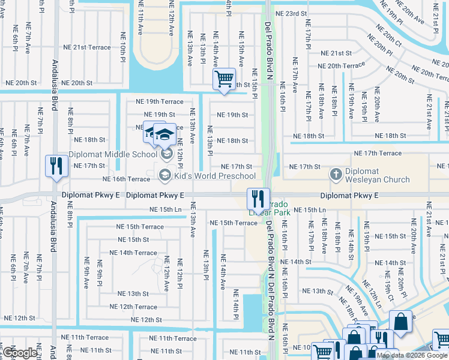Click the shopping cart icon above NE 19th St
[224, 79]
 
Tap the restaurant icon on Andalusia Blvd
[56, 166]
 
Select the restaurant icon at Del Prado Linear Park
[258, 199]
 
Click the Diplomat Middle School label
[113, 154]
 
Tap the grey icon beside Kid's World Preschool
[164, 175]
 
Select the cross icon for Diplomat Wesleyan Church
[336, 175]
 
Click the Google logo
[20, 353]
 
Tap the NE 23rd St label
[291, 13]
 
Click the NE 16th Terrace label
[127, 179]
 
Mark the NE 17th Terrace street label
[378, 154]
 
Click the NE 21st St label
[336, 53]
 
